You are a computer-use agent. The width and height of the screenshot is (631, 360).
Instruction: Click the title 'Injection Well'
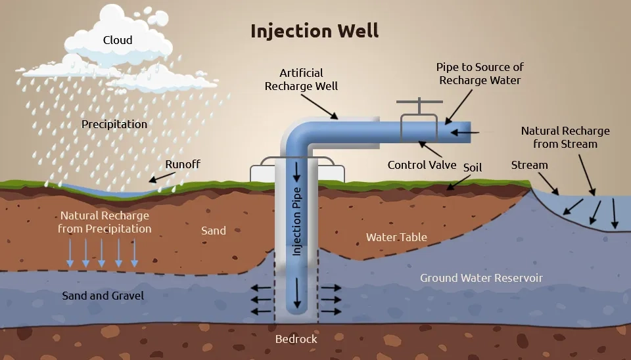(314, 30)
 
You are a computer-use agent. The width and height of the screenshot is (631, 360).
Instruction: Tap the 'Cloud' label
(118, 40)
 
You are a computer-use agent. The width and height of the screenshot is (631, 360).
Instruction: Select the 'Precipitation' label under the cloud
(114, 124)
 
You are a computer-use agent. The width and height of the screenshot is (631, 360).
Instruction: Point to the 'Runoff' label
(182, 164)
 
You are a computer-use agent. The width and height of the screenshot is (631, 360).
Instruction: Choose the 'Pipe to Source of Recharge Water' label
(480, 74)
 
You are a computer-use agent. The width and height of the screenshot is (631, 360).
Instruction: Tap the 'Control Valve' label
(421, 164)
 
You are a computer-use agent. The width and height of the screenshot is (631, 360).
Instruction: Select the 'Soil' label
(472, 167)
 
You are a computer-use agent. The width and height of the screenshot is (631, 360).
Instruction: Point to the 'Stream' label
(529, 165)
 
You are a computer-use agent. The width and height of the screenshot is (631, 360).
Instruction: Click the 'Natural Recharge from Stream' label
(565, 137)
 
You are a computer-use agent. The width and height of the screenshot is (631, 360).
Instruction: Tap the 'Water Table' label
(396, 236)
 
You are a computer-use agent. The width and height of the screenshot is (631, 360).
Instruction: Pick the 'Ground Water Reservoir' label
(481, 278)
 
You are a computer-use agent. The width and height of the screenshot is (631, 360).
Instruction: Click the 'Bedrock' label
(296, 339)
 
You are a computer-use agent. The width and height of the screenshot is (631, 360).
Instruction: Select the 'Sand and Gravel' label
(103, 296)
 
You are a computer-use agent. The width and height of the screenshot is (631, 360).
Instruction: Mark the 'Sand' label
(214, 230)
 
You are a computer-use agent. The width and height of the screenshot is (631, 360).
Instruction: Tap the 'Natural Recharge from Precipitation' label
(105, 222)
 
